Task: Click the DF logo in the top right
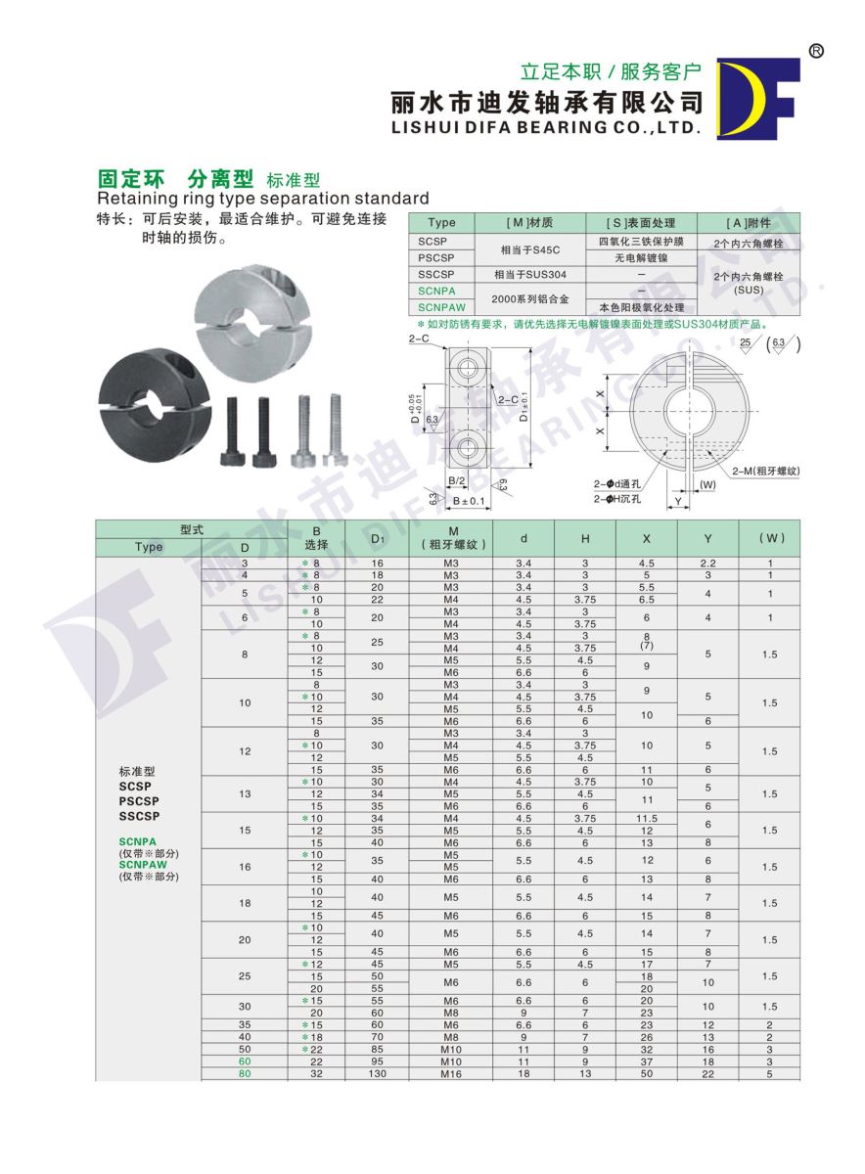(x=758, y=98)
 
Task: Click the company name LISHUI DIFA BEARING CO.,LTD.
(x=546, y=128)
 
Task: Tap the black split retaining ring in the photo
(x=153, y=397)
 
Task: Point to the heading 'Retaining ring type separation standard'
(x=263, y=198)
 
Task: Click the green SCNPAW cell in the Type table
(x=441, y=306)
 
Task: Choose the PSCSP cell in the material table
(x=441, y=257)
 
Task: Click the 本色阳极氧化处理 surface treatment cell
(x=641, y=306)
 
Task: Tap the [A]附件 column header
(x=749, y=222)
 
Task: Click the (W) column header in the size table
(x=770, y=538)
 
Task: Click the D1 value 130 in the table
(x=377, y=1073)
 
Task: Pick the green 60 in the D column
(x=245, y=1061)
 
